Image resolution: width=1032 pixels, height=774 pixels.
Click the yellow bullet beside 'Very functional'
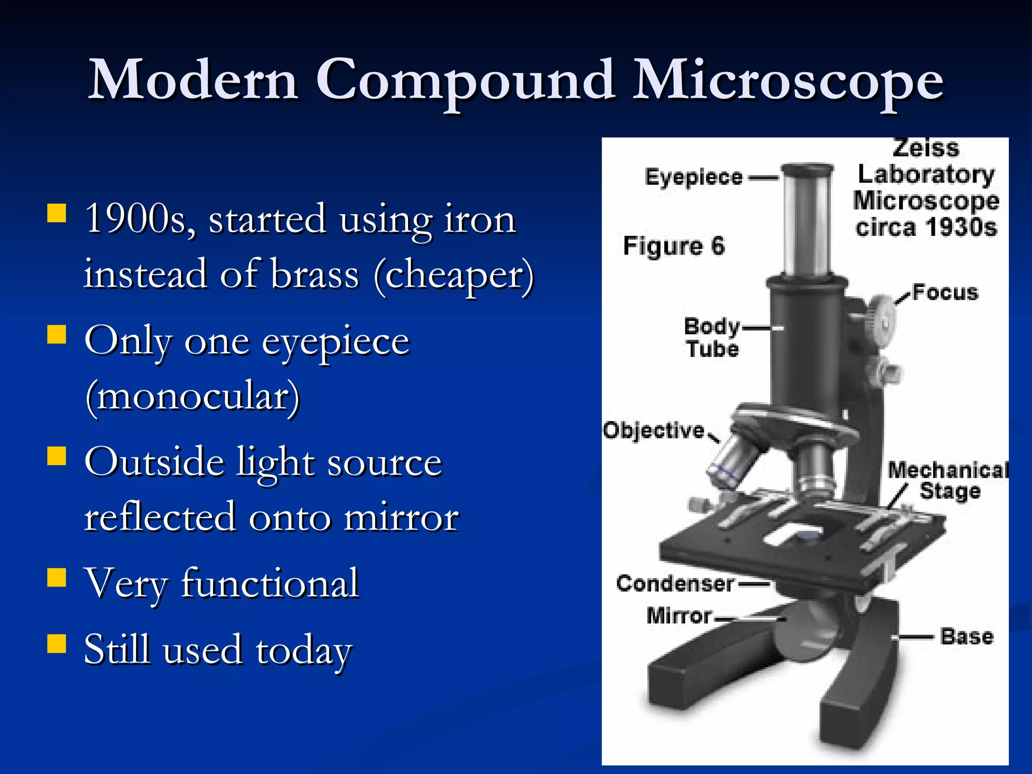pyautogui.click(x=56, y=578)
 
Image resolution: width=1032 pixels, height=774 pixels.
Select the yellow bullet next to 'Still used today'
pyautogui.click(x=56, y=643)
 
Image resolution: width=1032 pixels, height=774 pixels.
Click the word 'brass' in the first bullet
pyautogui.click(x=315, y=275)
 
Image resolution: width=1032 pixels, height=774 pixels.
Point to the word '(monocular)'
pyautogui.click(x=193, y=397)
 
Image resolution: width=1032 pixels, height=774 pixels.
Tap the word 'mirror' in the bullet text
pyautogui.click(x=401, y=518)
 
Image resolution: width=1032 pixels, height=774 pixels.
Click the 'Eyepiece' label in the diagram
pyautogui.click(x=694, y=177)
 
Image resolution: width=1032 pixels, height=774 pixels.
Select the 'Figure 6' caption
pyautogui.click(x=674, y=246)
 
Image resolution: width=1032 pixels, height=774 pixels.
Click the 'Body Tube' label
pyautogui.click(x=712, y=338)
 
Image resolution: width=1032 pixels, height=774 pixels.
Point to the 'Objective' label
pyautogui.click(x=654, y=431)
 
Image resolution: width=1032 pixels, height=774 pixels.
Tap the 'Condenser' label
pyautogui.click(x=675, y=584)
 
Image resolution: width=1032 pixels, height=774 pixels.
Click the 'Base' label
pyautogui.click(x=966, y=637)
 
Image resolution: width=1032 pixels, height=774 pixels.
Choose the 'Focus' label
pyautogui.click(x=945, y=293)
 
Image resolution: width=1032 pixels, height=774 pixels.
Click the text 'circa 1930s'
pyautogui.click(x=926, y=227)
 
